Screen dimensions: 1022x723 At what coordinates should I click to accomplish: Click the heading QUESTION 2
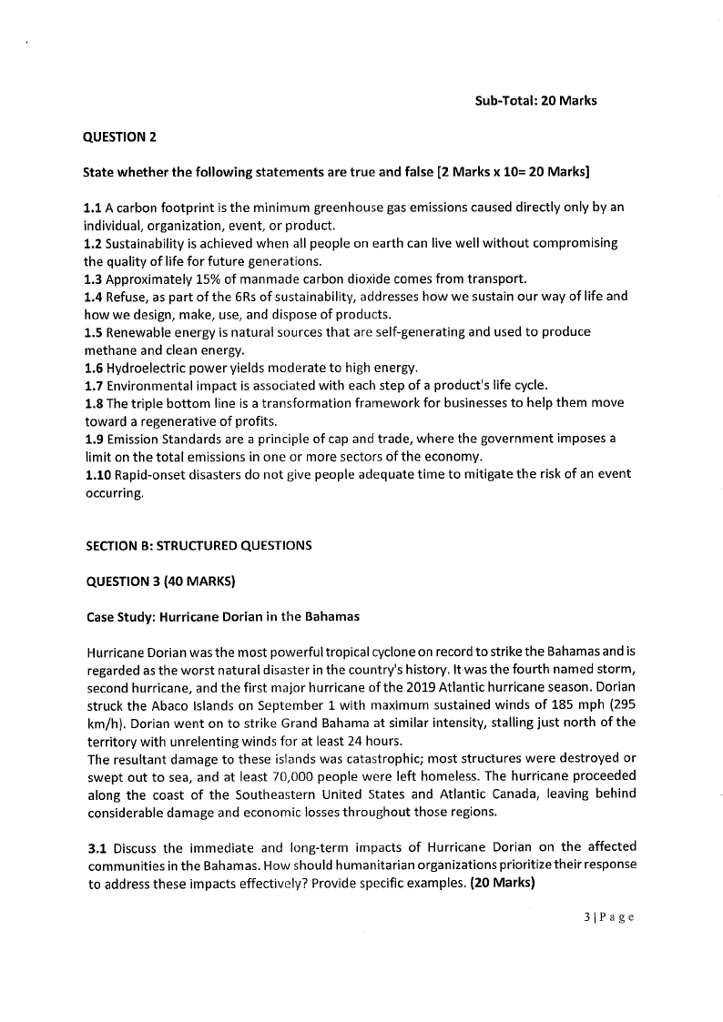[x=119, y=137]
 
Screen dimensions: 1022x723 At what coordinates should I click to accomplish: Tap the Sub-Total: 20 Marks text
[x=535, y=100]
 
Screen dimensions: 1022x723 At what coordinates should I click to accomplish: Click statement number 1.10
[x=97, y=474]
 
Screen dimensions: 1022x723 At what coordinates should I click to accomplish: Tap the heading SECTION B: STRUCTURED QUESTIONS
[x=199, y=546]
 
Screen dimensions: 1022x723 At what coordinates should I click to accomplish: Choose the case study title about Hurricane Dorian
[x=223, y=616]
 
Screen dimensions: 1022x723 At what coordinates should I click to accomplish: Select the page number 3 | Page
[x=608, y=916]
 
